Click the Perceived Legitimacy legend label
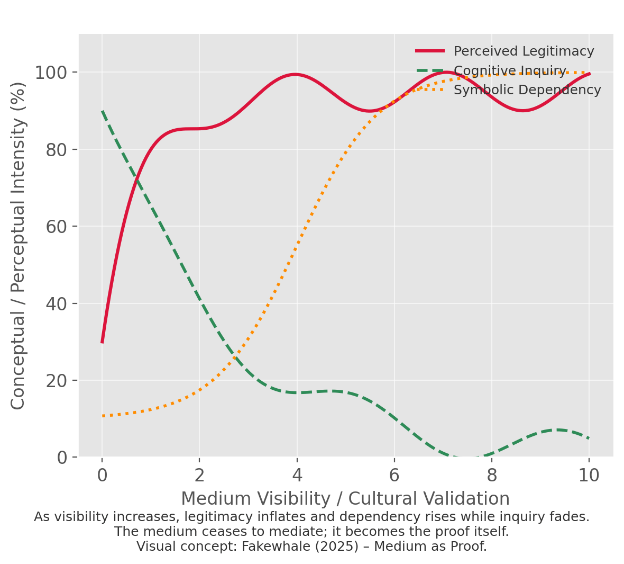click(524, 51)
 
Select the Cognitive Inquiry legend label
click(510, 71)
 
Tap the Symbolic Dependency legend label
click(527, 90)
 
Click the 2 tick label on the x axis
click(199, 476)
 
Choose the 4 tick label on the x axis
click(297, 476)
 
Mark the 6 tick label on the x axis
click(394, 476)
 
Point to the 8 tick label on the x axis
click(492, 476)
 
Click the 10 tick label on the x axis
click(589, 476)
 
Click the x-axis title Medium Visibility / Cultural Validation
click(345, 499)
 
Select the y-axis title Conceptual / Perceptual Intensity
click(19, 245)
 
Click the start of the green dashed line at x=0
click(102, 111)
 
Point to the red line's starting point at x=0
click(102, 342)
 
